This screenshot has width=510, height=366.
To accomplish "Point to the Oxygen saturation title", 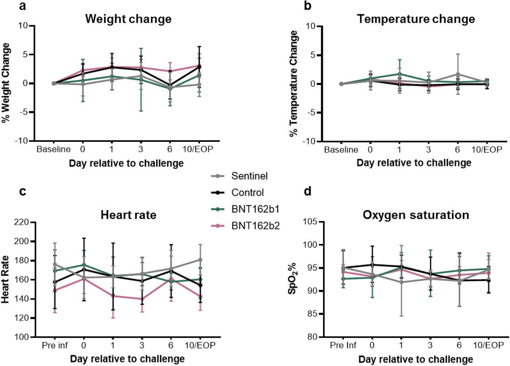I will (416, 215).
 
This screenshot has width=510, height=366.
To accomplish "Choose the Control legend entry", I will (247, 193).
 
